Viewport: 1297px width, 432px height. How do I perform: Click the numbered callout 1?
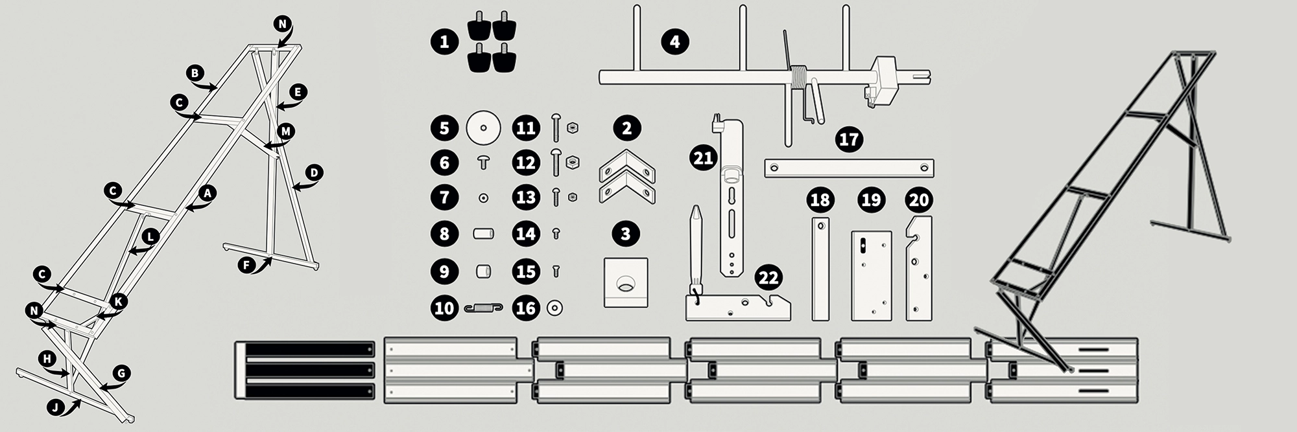click(x=444, y=42)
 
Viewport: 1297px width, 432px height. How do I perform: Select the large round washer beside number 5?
click(x=483, y=128)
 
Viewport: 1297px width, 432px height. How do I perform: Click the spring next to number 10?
click(x=484, y=308)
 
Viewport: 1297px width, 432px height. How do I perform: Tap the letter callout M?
click(x=285, y=131)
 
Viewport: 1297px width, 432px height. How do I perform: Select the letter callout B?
click(x=195, y=73)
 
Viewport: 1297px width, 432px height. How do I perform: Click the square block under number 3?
click(x=626, y=282)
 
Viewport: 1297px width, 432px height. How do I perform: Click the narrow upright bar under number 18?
click(x=820, y=269)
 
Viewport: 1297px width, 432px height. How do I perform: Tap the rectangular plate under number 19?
click(x=871, y=275)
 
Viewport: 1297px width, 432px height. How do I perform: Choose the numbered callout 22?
click(x=768, y=278)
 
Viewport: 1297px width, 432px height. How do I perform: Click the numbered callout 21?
click(x=704, y=157)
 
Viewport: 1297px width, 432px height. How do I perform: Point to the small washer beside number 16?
click(x=555, y=308)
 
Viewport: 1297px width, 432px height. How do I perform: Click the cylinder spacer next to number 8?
click(x=483, y=233)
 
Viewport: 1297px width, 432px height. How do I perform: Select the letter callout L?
click(x=150, y=237)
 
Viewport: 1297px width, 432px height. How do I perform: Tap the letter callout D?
click(x=314, y=173)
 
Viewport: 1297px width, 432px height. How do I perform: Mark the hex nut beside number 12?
click(x=573, y=162)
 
